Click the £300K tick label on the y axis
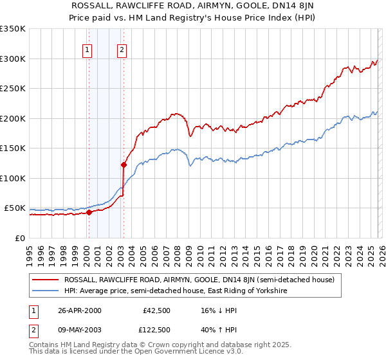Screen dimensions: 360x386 click(13, 59)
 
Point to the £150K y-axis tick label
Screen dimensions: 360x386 click(13, 148)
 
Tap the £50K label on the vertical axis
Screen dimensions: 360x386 click(15, 208)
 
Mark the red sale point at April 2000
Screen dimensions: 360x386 click(89, 213)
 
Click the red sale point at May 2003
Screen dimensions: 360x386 click(123, 165)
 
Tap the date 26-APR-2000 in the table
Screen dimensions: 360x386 click(79, 310)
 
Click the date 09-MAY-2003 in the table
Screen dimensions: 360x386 click(80, 329)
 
